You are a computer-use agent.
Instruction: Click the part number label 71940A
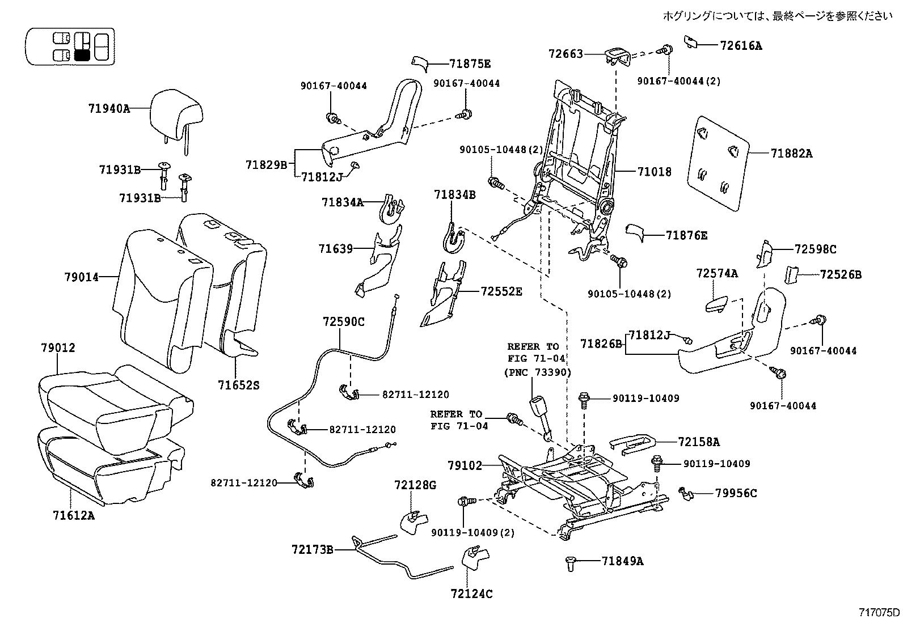pos(108,108)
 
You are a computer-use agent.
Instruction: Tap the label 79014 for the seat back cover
pos(81,277)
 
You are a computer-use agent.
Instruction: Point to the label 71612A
pos(73,515)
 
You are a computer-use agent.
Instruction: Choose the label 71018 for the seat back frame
pos(654,171)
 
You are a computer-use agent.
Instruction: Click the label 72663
pos(566,54)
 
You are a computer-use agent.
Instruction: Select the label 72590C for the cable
pos(344,321)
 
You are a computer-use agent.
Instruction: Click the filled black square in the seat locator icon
pos(82,55)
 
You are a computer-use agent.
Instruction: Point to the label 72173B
pos(312,549)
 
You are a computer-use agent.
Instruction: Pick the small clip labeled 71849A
pos(571,563)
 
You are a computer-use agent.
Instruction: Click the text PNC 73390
pos(537,372)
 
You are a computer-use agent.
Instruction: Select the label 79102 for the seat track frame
pos(464,466)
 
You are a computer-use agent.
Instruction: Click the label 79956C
pos(736,493)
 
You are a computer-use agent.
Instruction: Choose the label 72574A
pos(717,274)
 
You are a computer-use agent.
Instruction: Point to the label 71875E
pos(470,63)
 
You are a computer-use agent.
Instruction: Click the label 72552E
pos(501,292)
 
